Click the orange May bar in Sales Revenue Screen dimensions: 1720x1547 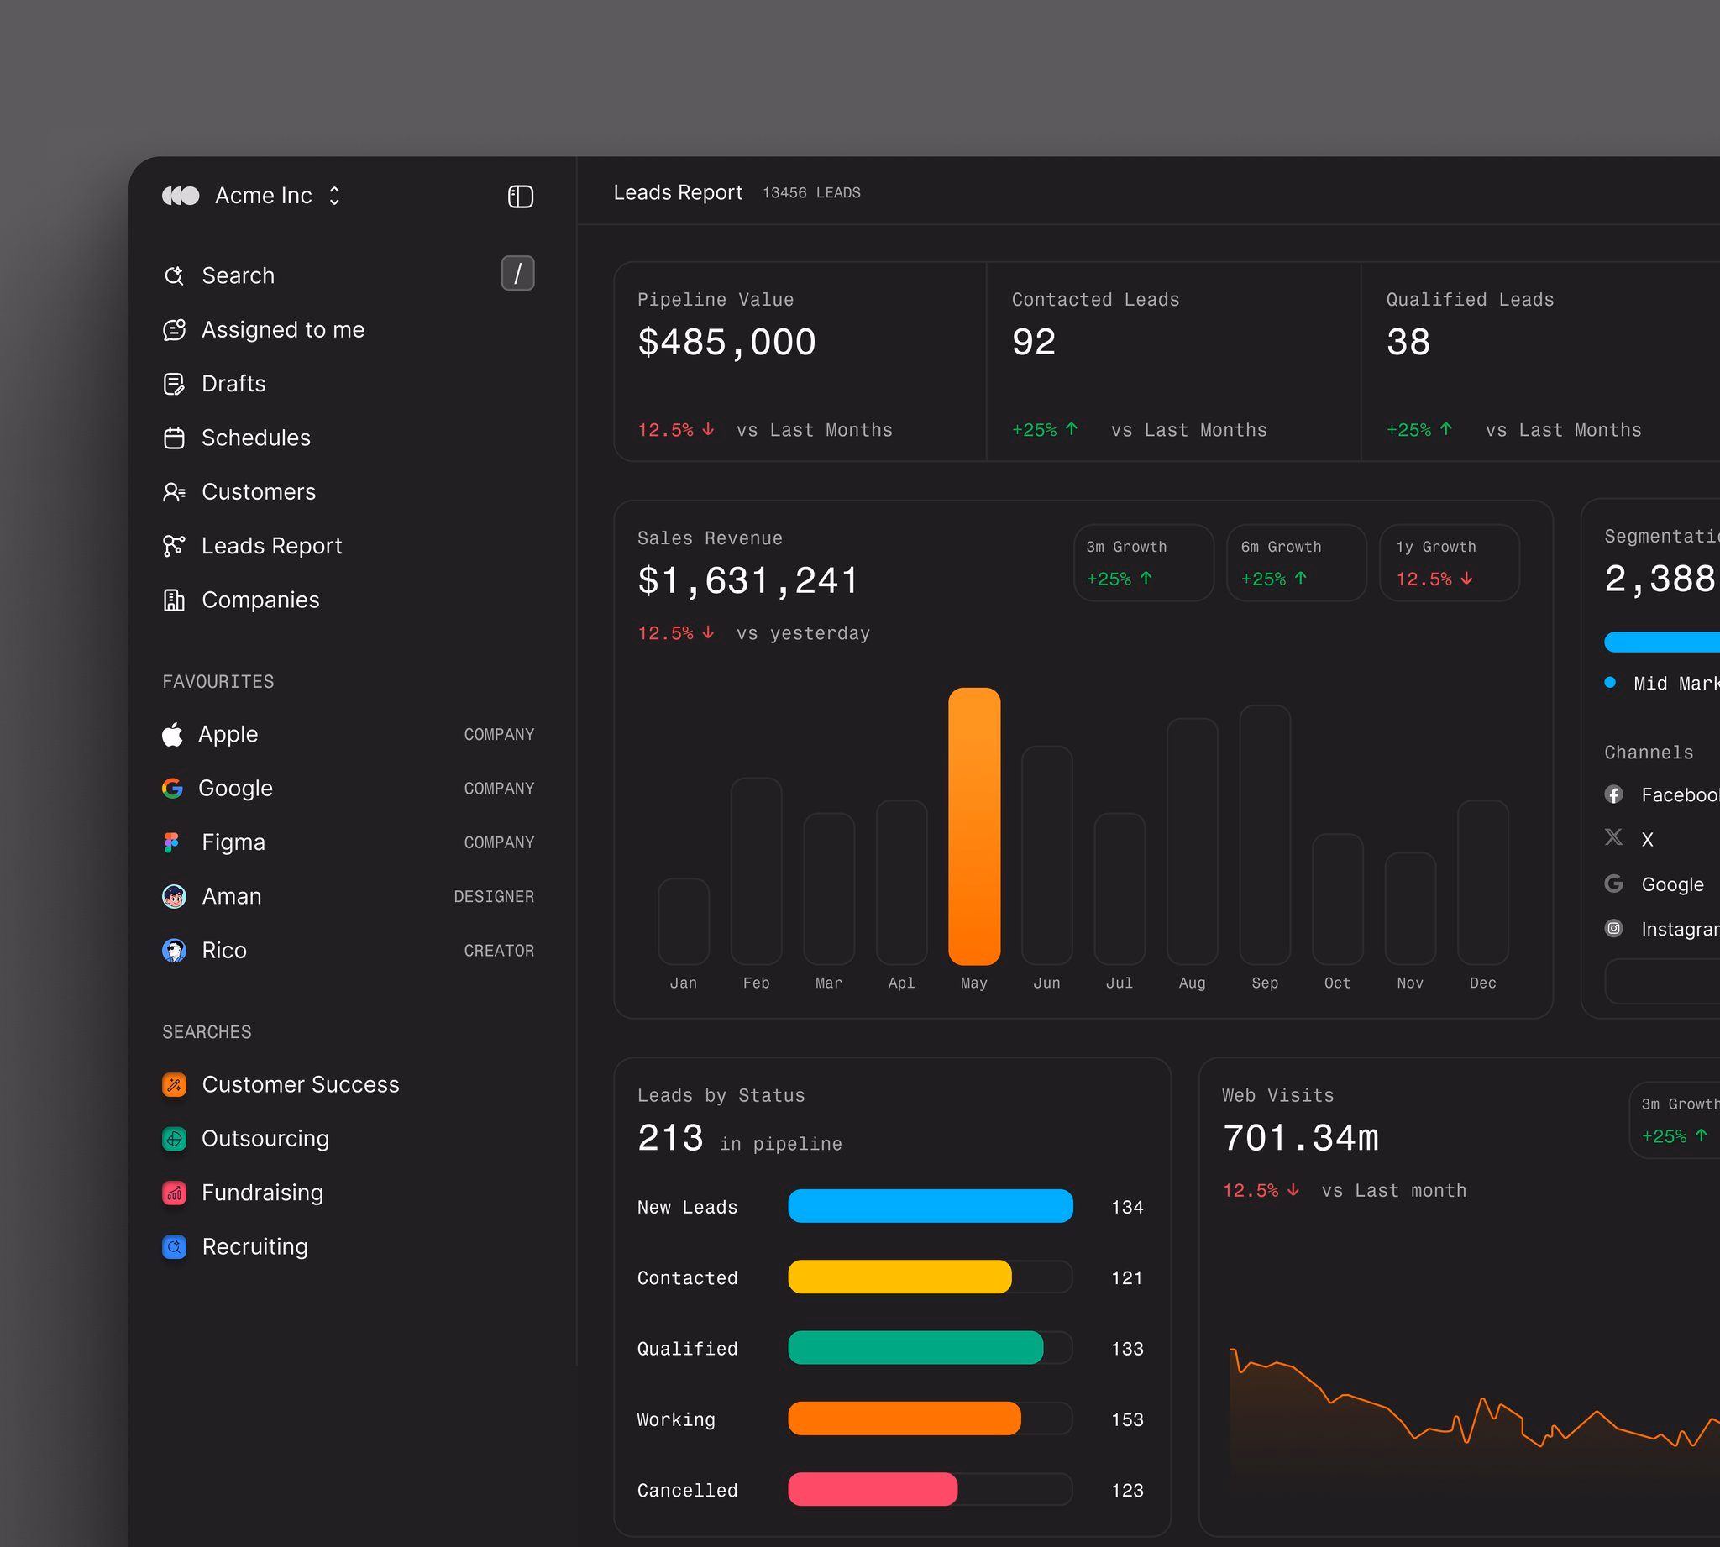point(974,826)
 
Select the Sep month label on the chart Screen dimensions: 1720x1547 point(1265,983)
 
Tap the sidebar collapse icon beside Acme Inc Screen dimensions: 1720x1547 point(520,197)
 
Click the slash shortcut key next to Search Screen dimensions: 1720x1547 point(517,274)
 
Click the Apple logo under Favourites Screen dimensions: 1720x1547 point(172,734)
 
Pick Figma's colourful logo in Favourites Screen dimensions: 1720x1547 point(171,842)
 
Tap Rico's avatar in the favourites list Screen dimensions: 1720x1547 point(174,951)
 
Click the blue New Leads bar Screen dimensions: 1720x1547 point(931,1206)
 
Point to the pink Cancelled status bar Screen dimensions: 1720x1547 point(873,1489)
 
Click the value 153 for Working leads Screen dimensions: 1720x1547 point(1127,1419)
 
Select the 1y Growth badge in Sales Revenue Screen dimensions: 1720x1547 point(1450,563)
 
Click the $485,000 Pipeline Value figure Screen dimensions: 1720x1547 point(726,343)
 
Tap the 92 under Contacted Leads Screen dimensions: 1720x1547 point(1033,342)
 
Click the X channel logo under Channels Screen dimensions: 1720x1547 point(1614,838)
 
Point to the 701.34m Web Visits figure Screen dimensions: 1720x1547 point(1300,1137)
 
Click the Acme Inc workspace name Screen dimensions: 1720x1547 point(264,196)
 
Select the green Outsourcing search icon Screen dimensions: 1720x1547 point(174,1139)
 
